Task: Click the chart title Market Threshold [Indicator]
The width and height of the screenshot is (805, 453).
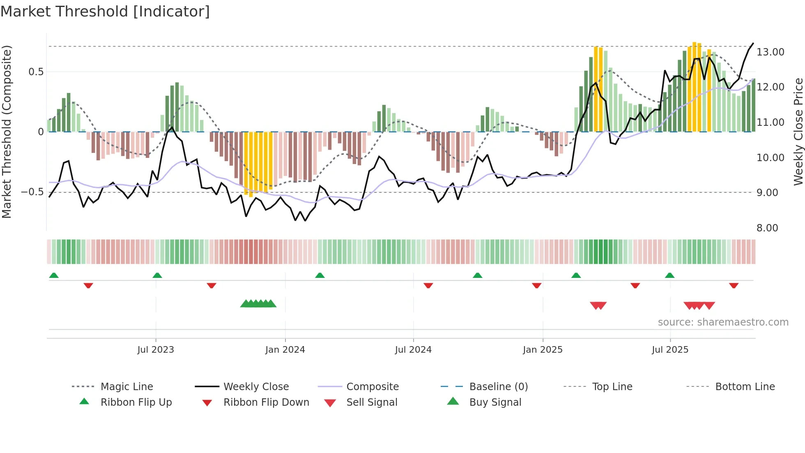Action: (x=105, y=12)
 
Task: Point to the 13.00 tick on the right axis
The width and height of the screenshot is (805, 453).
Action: (x=770, y=52)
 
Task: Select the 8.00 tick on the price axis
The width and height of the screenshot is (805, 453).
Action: (x=767, y=228)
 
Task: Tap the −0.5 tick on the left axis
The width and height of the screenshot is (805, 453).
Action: (x=32, y=192)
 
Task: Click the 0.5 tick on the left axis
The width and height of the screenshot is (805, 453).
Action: (x=36, y=72)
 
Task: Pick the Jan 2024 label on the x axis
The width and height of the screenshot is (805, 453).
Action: (x=285, y=350)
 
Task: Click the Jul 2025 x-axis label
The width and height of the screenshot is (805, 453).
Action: (x=670, y=350)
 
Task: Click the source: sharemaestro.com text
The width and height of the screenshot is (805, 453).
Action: (x=723, y=322)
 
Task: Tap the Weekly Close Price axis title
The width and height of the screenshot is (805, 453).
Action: (x=798, y=132)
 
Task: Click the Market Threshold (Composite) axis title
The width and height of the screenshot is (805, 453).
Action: (x=7, y=132)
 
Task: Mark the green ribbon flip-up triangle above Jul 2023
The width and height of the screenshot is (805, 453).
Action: (x=157, y=275)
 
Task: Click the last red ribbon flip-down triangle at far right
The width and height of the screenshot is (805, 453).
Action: (x=734, y=285)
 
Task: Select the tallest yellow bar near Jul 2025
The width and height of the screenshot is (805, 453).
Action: (x=694, y=86)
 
